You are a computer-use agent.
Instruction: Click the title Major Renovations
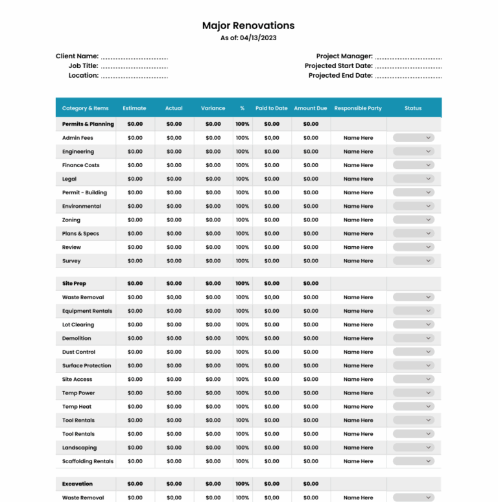tap(248, 26)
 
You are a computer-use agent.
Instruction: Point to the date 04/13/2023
tap(258, 38)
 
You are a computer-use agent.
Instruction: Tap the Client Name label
tap(77, 56)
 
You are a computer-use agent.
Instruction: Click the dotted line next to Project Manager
tap(409, 58)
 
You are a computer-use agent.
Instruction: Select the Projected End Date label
tap(340, 76)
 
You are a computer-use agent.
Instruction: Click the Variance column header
tap(213, 108)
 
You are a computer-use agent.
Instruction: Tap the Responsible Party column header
tap(358, 108)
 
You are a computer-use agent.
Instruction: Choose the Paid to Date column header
tap(272, 108)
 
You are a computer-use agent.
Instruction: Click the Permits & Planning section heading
tap(88, 124)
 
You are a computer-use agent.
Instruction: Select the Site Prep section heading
tap(74, 284)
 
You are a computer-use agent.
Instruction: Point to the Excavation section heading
tap(77, 484)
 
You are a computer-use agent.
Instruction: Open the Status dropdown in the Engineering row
tap(414, 152)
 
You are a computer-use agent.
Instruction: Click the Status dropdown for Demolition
tap(414, 338)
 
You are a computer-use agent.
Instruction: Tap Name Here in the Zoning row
tap(358, 220)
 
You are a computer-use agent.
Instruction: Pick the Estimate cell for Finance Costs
tap(135, 165)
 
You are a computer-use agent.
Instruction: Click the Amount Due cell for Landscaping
tap(311, 448)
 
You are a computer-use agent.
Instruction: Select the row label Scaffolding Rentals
tap(88, 461)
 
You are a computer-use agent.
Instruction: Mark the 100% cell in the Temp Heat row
tap(243, 407)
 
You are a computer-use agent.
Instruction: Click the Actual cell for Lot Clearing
tap(174, 325)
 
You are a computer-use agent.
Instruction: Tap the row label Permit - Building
tap(84, 192)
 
